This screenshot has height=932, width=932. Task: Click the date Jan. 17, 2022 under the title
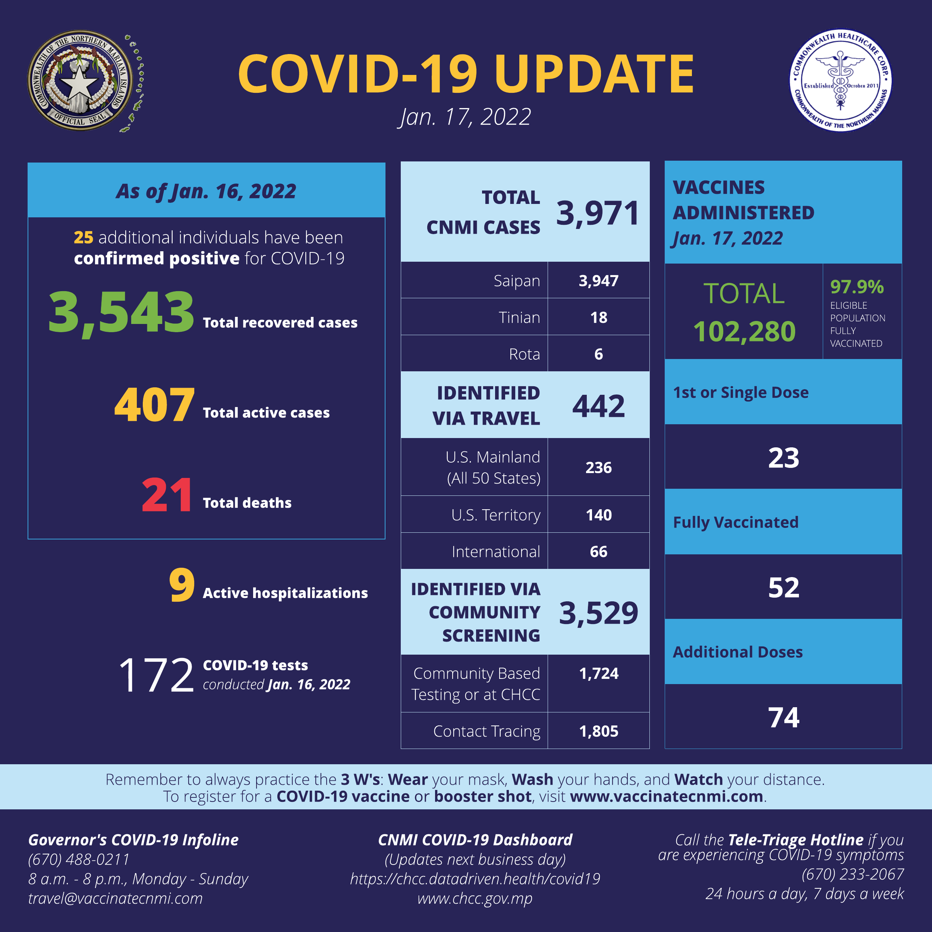(x=465, y=117)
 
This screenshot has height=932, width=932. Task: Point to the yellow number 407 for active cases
(x=154, y=405)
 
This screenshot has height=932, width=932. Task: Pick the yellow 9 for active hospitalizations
(x=182, y=585)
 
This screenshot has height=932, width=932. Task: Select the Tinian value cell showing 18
(x=599, y=317)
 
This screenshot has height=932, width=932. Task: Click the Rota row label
(x=525, y=354)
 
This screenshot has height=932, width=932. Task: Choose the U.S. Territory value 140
(x=599, y=515)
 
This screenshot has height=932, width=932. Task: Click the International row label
(x=495, y=551)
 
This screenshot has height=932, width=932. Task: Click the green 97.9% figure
(x=857, y=287)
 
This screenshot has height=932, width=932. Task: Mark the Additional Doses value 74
(x=783, y=717)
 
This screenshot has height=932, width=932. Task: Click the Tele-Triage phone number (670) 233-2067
(x=852, y=874)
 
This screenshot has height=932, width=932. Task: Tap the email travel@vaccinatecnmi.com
(x=115, y=898)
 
